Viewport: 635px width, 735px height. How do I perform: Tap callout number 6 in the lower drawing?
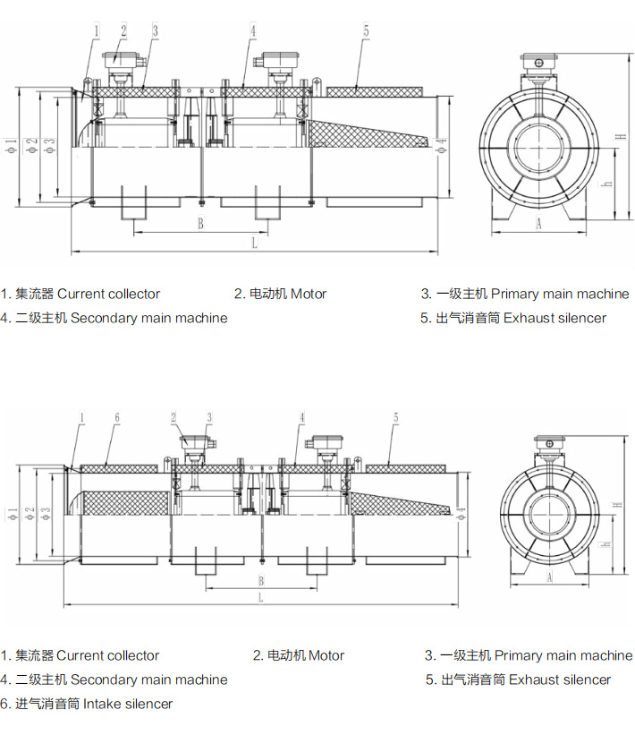point(116,417)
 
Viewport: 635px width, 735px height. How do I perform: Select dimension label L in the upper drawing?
point(254,242)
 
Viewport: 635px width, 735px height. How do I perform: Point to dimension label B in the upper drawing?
point(200,224)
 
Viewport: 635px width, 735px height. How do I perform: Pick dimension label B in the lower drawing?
point(260,579)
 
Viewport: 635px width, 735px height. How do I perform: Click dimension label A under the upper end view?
point(538,224)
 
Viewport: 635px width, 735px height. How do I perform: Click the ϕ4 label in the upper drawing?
point(442,145)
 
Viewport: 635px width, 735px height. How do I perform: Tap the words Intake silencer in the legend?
point(127,704)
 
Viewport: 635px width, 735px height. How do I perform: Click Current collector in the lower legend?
point(108,655)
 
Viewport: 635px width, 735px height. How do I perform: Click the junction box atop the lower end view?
point(549,442)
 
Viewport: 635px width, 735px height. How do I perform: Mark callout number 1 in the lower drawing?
point(81,417)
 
